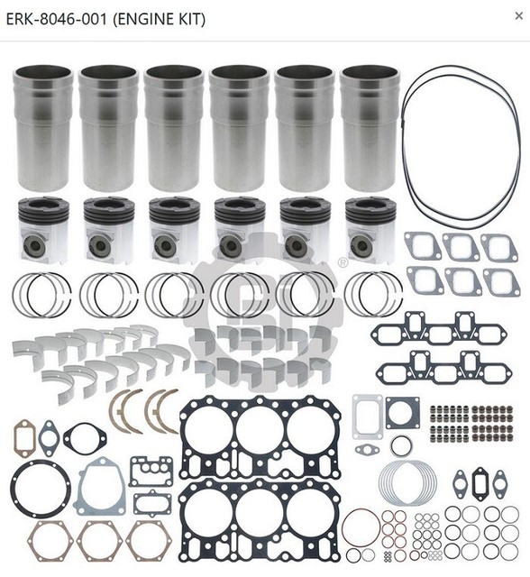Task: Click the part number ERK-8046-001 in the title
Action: coord(59,18)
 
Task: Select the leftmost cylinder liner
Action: coord(44,126)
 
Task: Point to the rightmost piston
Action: coord(370,232)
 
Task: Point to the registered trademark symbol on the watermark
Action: coord(343,262)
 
